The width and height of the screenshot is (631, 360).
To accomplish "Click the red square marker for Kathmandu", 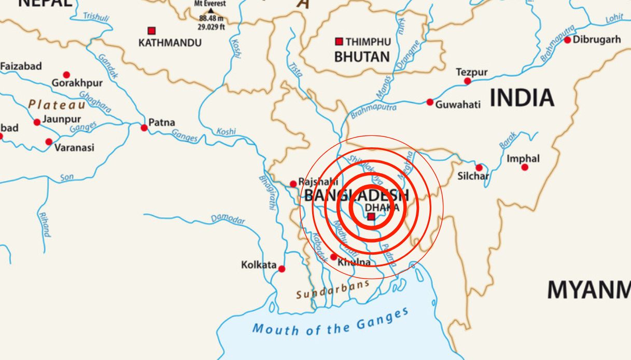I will tap(151, 31).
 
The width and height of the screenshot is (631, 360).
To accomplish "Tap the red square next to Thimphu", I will tap(339, 41).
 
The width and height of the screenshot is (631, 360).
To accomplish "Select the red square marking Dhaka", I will tap(371, 217).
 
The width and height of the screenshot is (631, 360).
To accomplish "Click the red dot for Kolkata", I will tap(282, 269).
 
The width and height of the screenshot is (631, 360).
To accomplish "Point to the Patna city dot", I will tap(144, 128).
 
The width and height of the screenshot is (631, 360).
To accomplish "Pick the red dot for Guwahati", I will tap(430, 102).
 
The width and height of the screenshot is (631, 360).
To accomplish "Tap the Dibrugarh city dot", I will tap(567, 40).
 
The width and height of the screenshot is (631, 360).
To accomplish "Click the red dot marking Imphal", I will tap(525, 167).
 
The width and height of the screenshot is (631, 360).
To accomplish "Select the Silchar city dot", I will tap(479, 168).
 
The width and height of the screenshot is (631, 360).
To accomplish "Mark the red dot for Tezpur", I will tap(468, 81).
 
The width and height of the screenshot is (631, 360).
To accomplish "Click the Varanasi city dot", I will tap(49, 142).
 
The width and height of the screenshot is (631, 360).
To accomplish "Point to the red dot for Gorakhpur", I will tap(66, 75).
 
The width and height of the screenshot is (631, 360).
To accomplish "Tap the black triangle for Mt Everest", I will tap(211, 10).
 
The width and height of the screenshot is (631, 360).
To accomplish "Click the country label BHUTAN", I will tap(361, 57).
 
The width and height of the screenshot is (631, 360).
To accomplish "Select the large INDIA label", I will tap(522, 98).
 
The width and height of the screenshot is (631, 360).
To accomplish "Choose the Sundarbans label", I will tap(332, 290).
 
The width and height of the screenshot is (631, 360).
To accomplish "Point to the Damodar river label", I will tap(228, 219).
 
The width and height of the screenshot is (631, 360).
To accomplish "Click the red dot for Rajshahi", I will tap(293, 184).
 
